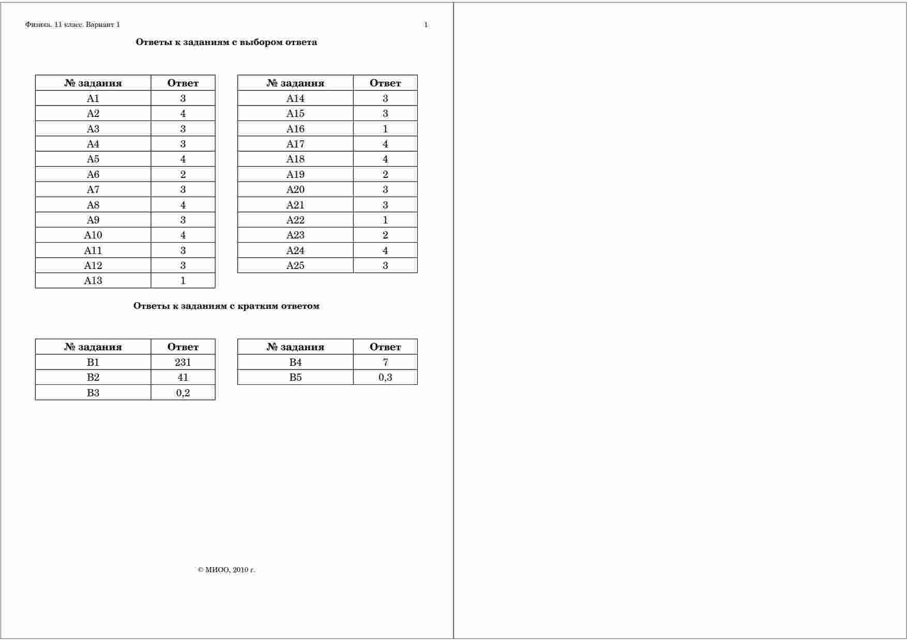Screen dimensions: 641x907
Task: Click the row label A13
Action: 93,280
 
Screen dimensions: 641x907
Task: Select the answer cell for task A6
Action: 183,174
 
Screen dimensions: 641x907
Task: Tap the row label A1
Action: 93,98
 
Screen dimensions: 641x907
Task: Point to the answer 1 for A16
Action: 385,129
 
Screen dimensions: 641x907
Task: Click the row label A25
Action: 295,265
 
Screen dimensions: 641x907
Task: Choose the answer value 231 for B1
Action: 183,362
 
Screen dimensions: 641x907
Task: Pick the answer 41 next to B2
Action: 183,377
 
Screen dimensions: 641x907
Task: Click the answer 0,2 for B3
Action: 183,393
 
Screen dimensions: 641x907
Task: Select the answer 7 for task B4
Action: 385,362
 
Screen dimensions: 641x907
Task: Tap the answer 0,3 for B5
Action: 385,377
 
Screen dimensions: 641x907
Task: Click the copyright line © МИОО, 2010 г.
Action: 226,570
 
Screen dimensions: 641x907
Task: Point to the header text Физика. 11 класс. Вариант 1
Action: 72,25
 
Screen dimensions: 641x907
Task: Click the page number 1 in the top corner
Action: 426,25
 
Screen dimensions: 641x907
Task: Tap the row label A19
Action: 295,174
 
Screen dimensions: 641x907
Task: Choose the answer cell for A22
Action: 385,220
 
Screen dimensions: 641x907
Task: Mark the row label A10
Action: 93,235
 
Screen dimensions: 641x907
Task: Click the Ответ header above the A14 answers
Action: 385,83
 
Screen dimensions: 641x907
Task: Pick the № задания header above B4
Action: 295,347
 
